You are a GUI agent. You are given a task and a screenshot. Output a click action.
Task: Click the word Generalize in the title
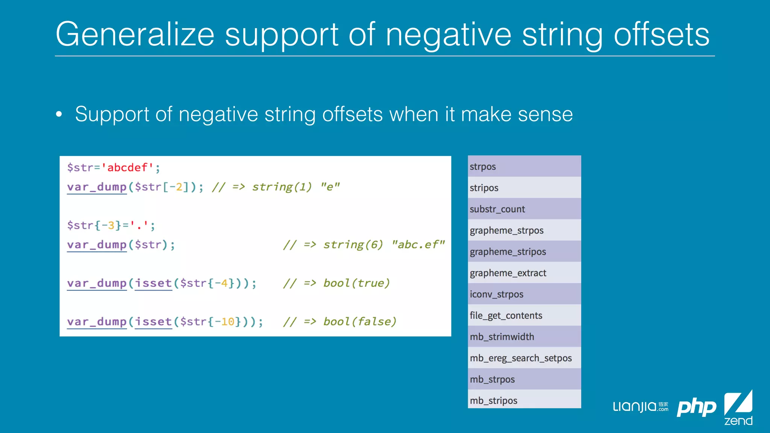click(135, 35)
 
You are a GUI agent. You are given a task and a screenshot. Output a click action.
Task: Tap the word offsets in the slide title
click(661, 35)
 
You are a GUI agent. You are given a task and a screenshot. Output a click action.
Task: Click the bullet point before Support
click(59, 114)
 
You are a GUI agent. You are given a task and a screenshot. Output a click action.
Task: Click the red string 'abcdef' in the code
click(127, 168)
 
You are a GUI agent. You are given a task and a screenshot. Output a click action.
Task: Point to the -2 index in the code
click(176, 187)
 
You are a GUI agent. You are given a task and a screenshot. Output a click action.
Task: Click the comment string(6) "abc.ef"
click(383, 245)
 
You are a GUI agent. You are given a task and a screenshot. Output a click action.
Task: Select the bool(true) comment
click(356, 283)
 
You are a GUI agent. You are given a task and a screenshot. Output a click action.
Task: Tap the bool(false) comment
click(359, 322)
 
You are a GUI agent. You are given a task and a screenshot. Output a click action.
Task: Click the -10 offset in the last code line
click(224, 322)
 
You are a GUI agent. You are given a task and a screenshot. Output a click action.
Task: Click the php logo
click(696, 407)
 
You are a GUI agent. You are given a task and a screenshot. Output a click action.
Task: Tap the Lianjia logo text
click(635, 407)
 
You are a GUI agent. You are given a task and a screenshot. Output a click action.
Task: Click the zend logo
click(738, 408)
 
